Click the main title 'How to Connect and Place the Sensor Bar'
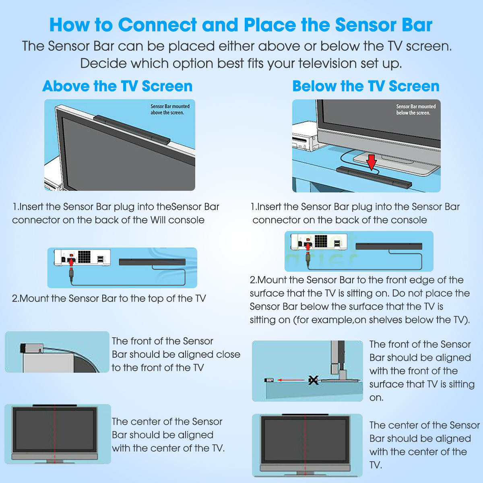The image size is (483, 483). tap(241, 25)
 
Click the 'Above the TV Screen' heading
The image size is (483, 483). tap(117, 86)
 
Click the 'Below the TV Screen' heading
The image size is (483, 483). tap(365, 86)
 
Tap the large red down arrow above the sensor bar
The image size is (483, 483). tap(372, 162)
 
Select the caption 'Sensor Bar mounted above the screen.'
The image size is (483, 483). tap(170, 109)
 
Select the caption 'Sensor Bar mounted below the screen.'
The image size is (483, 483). tap(416, 109)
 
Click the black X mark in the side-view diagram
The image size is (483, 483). tap(313, 380)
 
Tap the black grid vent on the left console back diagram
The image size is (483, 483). tap(84, 257)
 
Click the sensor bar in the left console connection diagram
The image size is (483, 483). tap(152, 262)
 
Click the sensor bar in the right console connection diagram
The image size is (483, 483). tap(389, 246)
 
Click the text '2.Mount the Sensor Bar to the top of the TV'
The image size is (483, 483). tap(109, 299)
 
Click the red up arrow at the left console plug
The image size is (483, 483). tap(72, 262)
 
